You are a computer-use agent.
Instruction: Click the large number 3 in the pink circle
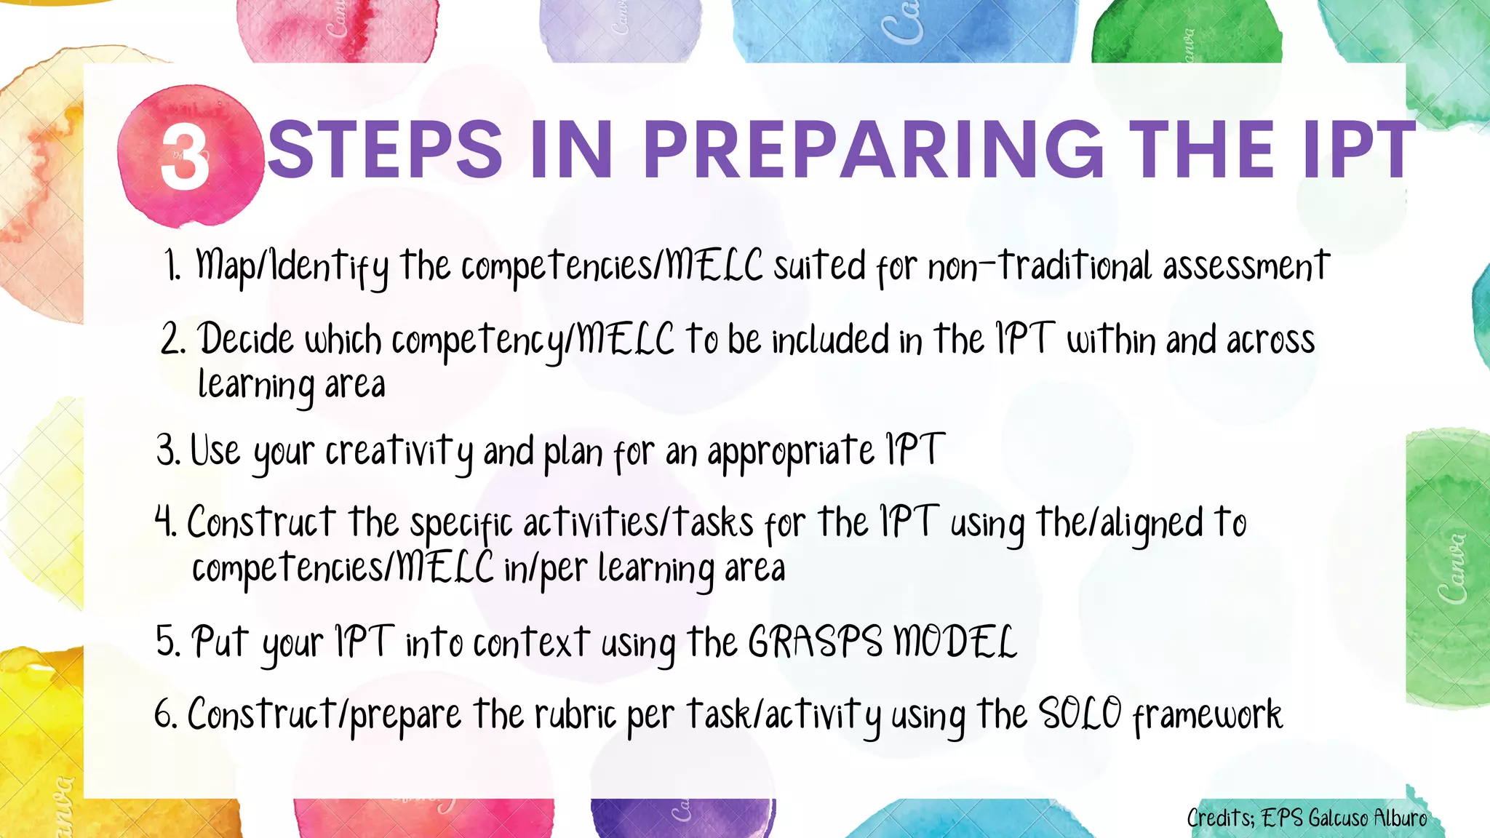[186, 155]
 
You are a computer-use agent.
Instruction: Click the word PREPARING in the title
[873, 149]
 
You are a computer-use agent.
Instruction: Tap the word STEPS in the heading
[386, 149]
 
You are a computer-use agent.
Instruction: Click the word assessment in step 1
[1246, 266]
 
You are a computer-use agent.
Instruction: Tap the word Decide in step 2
[246, 340]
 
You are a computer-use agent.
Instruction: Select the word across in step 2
[1270, 340]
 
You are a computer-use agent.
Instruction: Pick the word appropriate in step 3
[790, 452]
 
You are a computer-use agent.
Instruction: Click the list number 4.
[165, 522]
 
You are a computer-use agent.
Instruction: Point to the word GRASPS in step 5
[815, 642]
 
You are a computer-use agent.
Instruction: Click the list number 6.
[164, 714]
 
